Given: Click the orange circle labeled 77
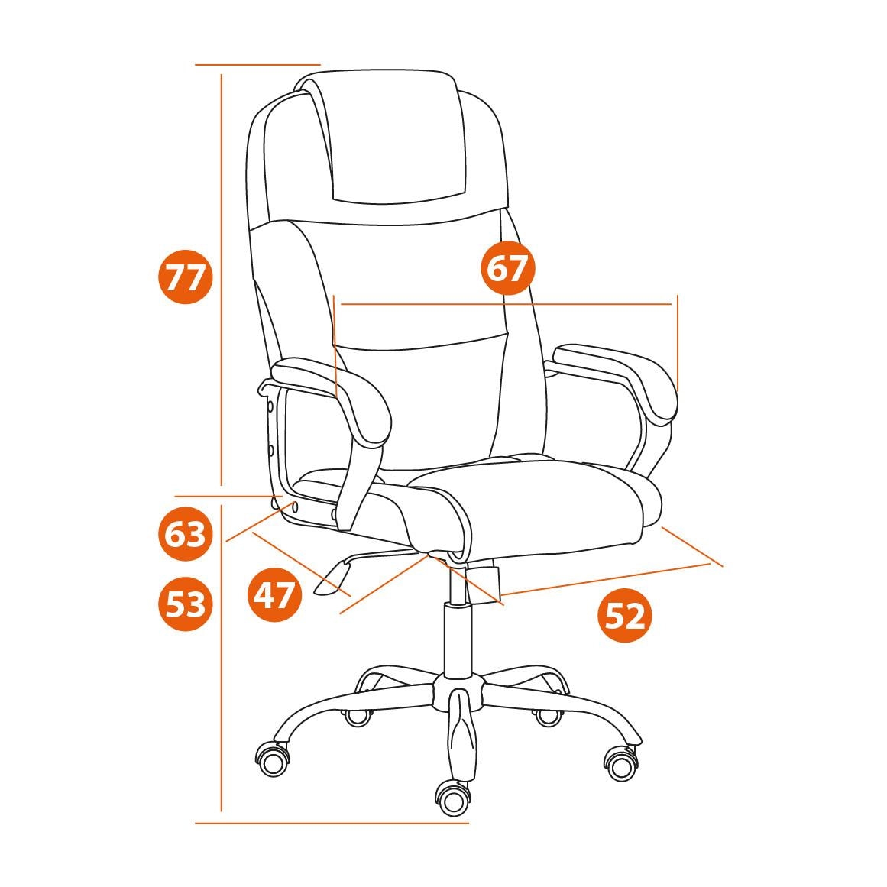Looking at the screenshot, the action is pyautogui.click(x=185, y=278).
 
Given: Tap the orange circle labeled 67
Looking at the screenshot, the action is pyautogui.click(x=507, y=267).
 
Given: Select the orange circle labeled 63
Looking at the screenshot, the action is pyautogui.click(x=185, y=534).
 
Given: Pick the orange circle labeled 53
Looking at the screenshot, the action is pyautogui.click(x=185, y=604).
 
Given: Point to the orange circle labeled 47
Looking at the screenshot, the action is pyautogui.click(x=274, y=595).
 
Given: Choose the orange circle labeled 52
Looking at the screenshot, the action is pyautogui.click(x=625, y=615).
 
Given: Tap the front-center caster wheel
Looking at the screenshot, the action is pyautogui.click(x=452, y=798).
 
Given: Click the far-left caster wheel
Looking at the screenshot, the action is pyautogui.click(x=274, y=759).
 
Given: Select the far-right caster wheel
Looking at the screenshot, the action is pyautogui.click(x=621, y=764).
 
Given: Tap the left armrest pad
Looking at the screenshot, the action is pyautogui.click(x=338, y=396).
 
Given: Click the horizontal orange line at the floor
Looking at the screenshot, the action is pyautogui.click(x=332, y=823).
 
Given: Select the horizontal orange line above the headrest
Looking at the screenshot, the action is pyautogui.click(x=258, y=65).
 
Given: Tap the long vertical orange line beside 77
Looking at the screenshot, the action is pyautogui.click(x=222, y=280).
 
